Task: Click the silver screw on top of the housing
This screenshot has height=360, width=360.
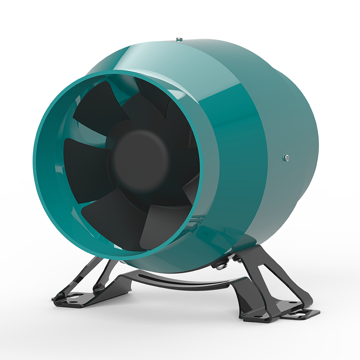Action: click(x=179, y=39)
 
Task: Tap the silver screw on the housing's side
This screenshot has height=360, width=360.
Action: click(x=285, y=157)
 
